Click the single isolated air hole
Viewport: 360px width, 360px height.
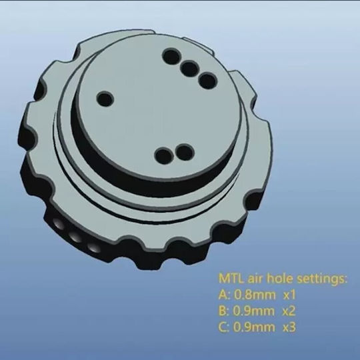coord(105,99)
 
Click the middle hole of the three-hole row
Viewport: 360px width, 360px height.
coord(189,69)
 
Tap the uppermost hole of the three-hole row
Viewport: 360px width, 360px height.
coord(171,57)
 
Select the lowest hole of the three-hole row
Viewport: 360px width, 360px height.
coord(207,81)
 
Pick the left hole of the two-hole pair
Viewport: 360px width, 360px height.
coord(164,155)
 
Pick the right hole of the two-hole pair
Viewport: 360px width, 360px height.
coord(185,152)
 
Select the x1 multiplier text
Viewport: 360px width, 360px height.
coord(289,295)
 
